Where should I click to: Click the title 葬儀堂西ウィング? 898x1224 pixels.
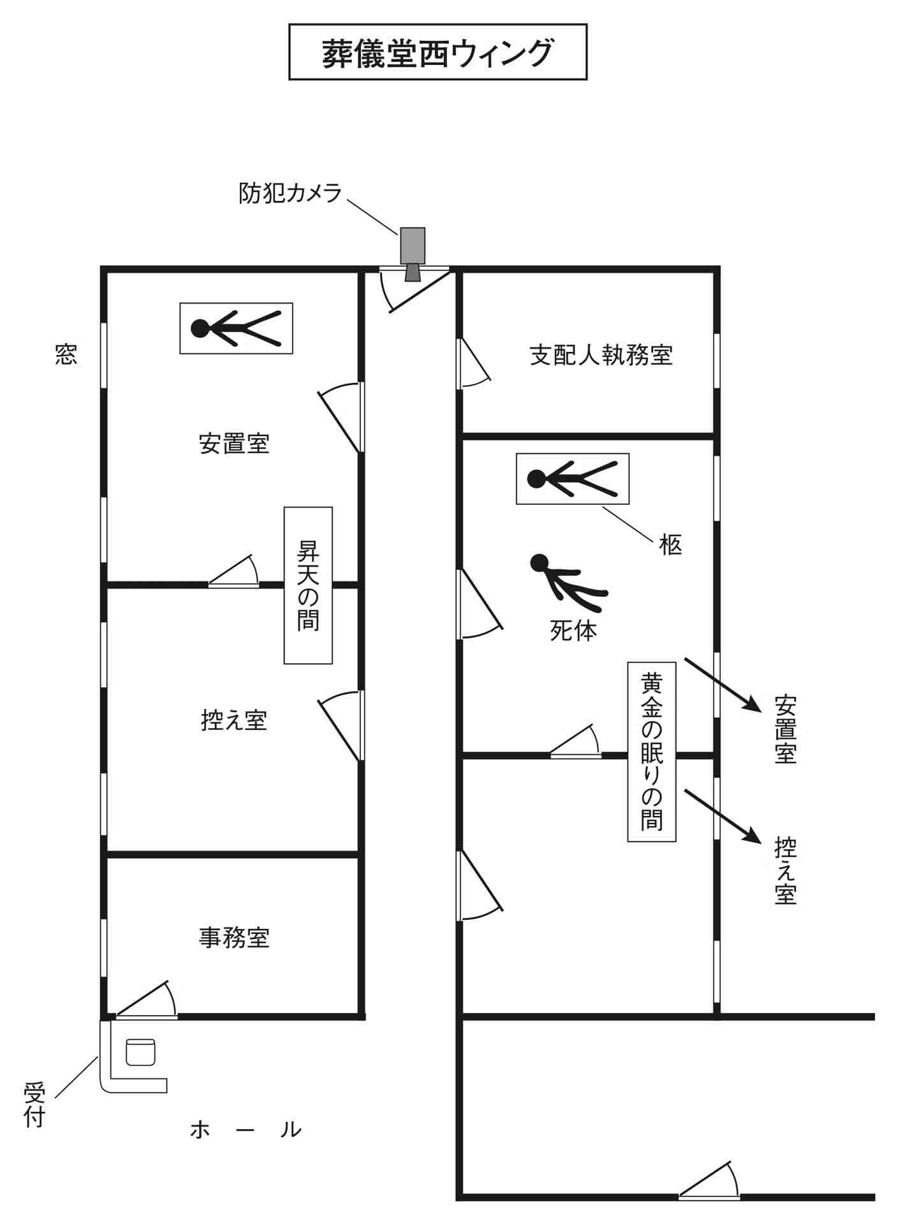pyautogui.click(x=438, y=52)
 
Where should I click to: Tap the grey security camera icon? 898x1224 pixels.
pyautogui.click(x=413, y=250)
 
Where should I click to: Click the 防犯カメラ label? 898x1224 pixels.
pyautogui.click(x=290, y=193)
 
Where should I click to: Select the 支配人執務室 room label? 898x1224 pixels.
pyautogui.click(x=601, y=355)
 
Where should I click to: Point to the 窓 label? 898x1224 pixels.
pyautogui.click(x=66, y=354)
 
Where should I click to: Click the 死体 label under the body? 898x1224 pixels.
pyautogui.click(x=573, y=631)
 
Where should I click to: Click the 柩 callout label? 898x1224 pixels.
pyautogui.click(x=670, y=545)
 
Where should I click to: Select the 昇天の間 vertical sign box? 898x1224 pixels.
pyautogui.click(x=308, y=585)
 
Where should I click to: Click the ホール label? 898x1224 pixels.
pyautogui.click(x=246, y=1130)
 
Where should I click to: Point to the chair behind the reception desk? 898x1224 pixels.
pyautogui.click(x=140, y=1052)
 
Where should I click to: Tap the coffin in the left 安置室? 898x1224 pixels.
pyautogui.click(x=236, y=328)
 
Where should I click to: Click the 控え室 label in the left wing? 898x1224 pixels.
pyautogui.click(x=234, y=720)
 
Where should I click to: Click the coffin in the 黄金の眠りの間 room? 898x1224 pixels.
pyautogui.click(x=572, y=479)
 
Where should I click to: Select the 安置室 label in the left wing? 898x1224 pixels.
pyautogui.click(x=234, y=443)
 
